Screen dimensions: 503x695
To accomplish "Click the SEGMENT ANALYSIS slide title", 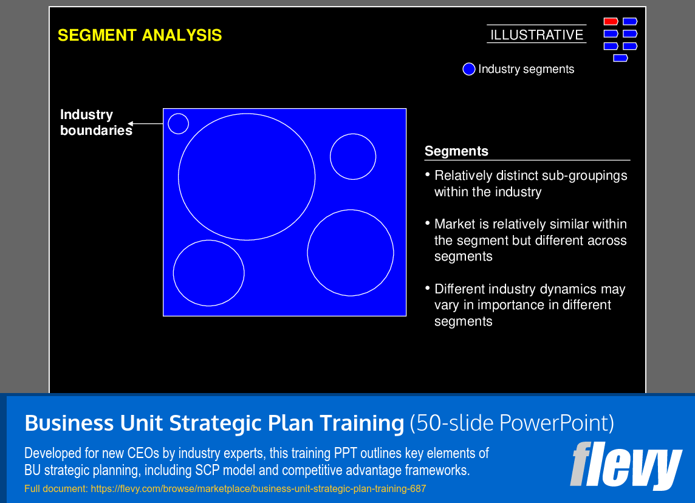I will tap(140, 36).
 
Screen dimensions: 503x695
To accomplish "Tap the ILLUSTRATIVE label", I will tap(536, 35).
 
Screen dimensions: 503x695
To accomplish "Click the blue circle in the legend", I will tap(468, 69).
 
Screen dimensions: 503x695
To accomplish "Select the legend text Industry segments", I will tap(526, 69).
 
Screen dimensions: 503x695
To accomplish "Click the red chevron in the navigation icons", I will tap(611, 21).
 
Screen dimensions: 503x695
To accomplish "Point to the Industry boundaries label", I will tap(95, 122).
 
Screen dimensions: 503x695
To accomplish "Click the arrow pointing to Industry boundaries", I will tap(146, 124).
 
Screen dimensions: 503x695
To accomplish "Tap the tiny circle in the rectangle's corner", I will tap(178, 123).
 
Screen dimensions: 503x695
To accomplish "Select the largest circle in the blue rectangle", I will tap(247, 177).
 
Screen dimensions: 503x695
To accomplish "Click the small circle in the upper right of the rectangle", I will tap(353, 157).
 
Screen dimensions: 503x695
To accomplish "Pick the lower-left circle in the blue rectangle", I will tap(208, 273).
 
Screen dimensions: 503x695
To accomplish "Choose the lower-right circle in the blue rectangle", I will tap(351, 253).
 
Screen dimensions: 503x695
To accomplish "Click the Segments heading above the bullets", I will tap(456, 151).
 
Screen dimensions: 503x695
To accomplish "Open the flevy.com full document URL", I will tap(258, 488).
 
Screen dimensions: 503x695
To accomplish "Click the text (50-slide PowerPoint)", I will tap(512, 423).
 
